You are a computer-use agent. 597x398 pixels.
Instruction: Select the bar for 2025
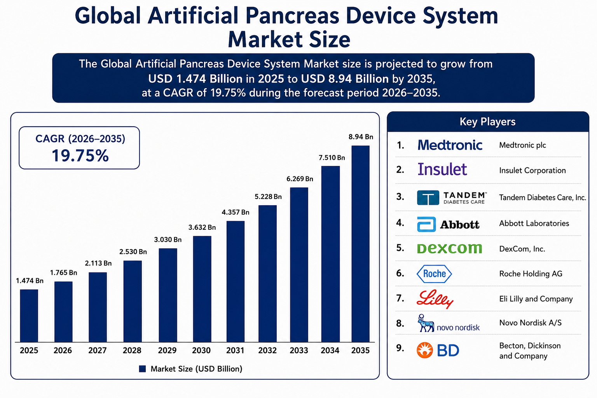(x=29, y=316)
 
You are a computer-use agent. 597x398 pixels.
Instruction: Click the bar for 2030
(x=202, y=289)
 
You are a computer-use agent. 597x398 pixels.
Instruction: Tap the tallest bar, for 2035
(x=360, y=244)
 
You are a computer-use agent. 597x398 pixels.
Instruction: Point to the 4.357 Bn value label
(x=235, y=212)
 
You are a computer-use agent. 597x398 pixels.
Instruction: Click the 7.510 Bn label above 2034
(x=332, y=157)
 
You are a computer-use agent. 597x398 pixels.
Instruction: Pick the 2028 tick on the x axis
(x=132, y=350)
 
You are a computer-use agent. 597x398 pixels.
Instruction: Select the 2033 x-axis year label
(x=299, y=350)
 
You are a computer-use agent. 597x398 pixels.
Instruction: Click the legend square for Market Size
(x=142, y=369)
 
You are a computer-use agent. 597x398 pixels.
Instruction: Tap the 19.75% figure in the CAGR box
(x=80, y=155)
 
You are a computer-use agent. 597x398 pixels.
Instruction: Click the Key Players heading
(x=487, y=122)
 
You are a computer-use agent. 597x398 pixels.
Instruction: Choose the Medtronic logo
(x=450, y=145)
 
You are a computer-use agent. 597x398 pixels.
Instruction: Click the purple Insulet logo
(x=442, y=169)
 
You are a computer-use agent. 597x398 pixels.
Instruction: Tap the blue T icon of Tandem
(x=428, y=197)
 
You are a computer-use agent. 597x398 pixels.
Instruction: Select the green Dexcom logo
(x=449, y=248)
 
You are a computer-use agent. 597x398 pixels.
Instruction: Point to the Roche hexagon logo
(x=434, y=274)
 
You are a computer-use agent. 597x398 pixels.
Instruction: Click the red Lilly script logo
(x=435, y=299)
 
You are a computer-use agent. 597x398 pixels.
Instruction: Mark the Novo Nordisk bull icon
(x=425, y=323)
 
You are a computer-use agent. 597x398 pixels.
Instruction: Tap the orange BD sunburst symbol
(x=425, y=350)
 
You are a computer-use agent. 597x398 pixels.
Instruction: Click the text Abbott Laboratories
(x=534, y=223)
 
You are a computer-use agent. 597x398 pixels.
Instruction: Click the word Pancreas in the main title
(x=292, y=16)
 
